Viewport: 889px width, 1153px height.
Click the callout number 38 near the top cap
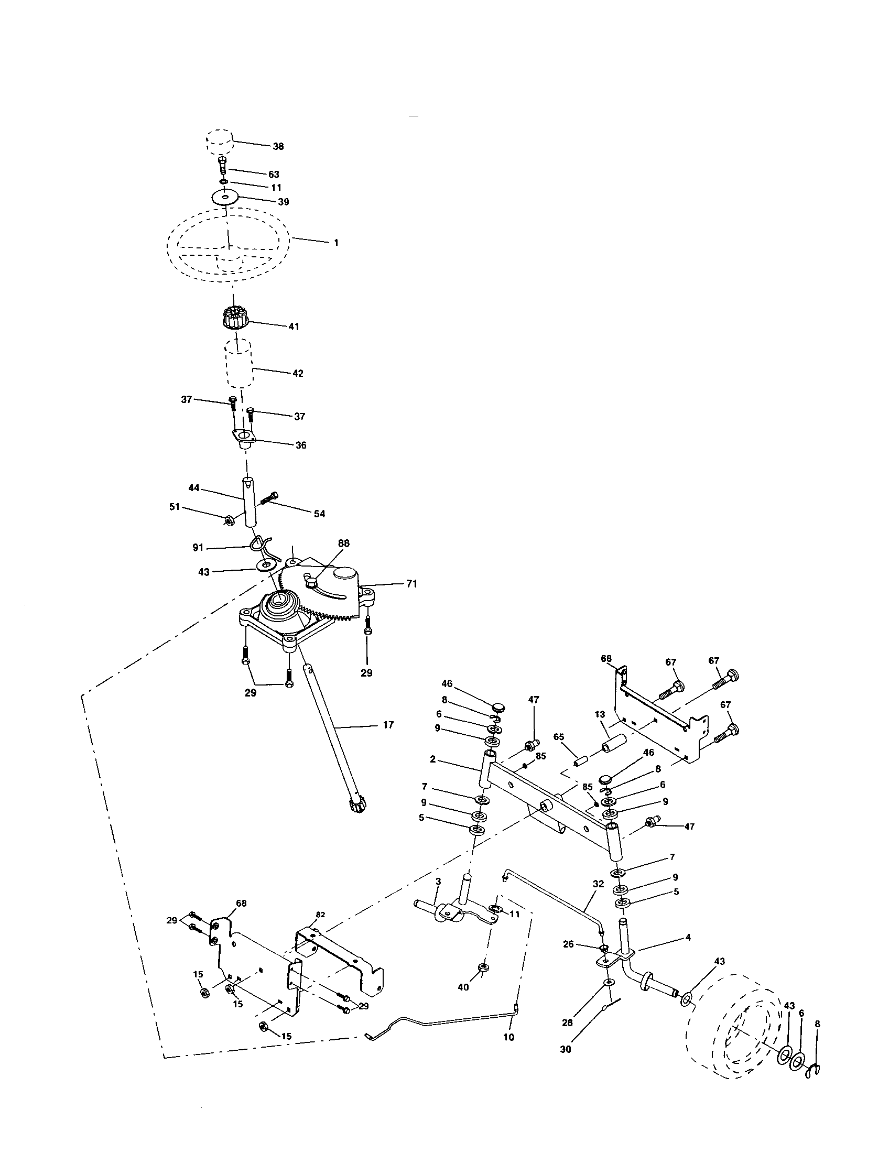(278, 146)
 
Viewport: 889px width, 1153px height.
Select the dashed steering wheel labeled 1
(228, 240)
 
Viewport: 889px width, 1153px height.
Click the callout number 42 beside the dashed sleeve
(297, 373)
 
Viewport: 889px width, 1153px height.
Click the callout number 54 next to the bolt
(319, 513)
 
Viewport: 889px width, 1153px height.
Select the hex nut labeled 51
(229, 520)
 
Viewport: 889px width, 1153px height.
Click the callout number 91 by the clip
(198, 548)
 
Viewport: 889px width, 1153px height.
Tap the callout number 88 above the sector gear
(344, 543)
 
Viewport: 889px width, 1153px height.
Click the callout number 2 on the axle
(432, 759)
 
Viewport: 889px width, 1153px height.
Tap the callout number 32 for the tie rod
(598, 883)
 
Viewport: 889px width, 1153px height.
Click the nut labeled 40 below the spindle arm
(482, 967)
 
